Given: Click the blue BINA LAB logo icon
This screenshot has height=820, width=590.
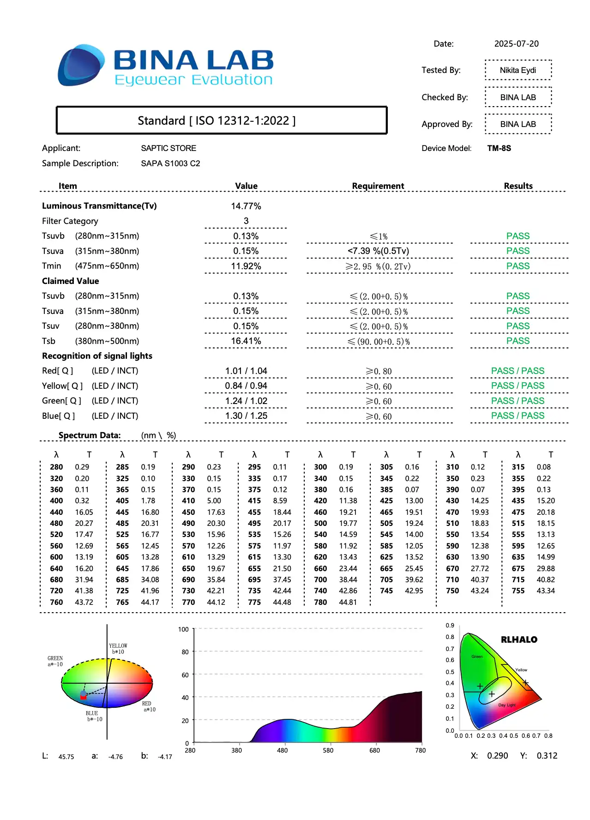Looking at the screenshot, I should pyautogui.click(x=81, y=65).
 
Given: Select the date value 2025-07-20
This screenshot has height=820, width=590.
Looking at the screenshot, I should pyautogui.click(x=516, y=44).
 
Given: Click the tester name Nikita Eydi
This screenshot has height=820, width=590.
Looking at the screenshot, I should pyautogui.click(x=518, y=70).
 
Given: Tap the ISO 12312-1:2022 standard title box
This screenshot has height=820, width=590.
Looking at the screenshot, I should pyautogui.click(x=221, y=121).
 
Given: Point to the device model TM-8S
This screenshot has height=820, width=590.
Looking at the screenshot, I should pyautogui.click(x=499, y=148).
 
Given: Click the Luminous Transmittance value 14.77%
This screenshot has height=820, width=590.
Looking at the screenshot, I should pyautogui.click(x=246, y=206).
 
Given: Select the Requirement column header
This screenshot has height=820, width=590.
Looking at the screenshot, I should pyautogui.click(x=378, y=186).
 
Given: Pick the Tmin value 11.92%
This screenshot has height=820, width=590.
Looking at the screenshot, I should pyautogui.click(x=246, y=266).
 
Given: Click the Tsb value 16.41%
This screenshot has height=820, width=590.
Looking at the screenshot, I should pyautogui.click(x=246, y=341).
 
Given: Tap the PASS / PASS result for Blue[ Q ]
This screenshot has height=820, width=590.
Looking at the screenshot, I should pyautogui.click(x=518, y=416).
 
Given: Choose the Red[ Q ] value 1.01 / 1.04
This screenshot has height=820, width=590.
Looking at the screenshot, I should pyautogui.click(x=246, y=371).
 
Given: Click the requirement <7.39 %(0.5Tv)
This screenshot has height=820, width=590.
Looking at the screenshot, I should pyautogui.click(x=378, y=251).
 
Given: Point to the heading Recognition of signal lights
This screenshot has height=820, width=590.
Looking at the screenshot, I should pyautogui.click(x=97, y=356).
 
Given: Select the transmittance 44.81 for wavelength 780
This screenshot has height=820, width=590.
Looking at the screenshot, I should pyautogui.click(x=348, y=602).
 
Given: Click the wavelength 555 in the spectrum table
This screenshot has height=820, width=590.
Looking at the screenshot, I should pyautogui.click(x=518, y=535).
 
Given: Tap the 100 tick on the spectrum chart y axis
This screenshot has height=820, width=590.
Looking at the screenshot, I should pyautogui.click(x=183, y=629).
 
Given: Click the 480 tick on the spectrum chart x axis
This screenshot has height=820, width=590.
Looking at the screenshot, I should pyautogui.click(x=282, y=750).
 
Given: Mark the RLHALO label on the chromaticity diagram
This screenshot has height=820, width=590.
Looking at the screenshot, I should pyautogui.click(x=519, y=639).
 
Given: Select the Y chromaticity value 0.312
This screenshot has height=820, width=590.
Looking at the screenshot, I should pyautogui.click(x=547, y=756).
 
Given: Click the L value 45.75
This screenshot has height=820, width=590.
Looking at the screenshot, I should pyautogui.click(x=66, y=757).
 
